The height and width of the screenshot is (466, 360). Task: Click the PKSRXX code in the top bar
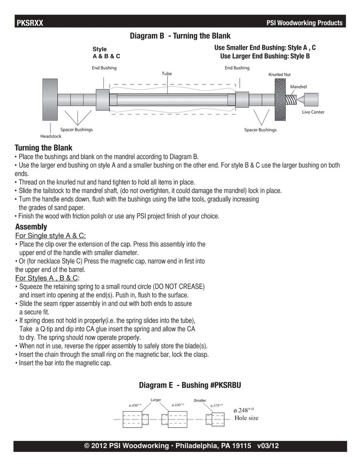point(30,23)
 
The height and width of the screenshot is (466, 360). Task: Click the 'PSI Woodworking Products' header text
point(305,23)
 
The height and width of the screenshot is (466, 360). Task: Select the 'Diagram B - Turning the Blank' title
point(180,36)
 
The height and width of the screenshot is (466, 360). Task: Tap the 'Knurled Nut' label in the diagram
point(279,75)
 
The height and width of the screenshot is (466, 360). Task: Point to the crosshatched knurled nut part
point(280,100)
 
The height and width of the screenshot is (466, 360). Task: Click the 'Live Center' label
point(313,112)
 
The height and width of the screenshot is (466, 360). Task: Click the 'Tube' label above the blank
point(166,74)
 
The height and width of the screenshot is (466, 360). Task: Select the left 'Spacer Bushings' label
point(76,130)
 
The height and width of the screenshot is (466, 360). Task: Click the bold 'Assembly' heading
point(31,227)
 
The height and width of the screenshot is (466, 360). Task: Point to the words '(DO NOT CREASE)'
point(180,286)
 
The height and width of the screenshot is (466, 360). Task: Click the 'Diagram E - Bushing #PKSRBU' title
point(190,385)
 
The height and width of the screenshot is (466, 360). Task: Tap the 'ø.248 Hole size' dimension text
point(246,414)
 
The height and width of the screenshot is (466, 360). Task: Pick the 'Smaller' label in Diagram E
point(200,400)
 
